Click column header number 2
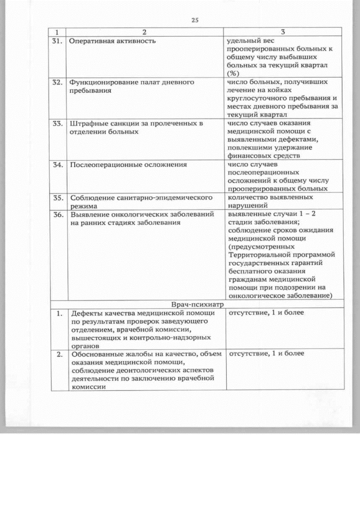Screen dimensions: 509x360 (x=144, y=33)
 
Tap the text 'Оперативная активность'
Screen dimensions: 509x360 (x=109, y=41)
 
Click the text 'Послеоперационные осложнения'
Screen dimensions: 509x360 (x=128, y=165)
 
